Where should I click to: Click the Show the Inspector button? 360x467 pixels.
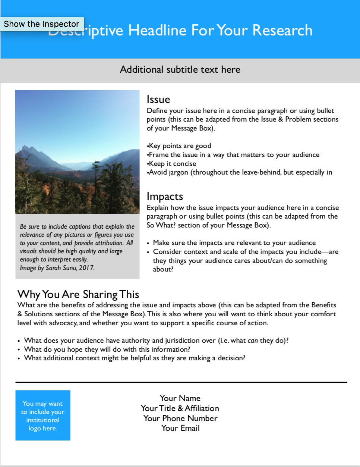tap(42, 24)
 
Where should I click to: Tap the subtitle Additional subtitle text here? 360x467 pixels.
tap(180, 70)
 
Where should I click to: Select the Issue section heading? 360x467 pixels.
tap(158, 100)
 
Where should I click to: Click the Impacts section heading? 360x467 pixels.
tap(165, 197)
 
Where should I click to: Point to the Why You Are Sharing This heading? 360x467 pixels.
tap(78, 294)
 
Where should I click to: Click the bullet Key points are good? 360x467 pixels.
tap(180, 146)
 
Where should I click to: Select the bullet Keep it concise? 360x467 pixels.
tap(172, 164)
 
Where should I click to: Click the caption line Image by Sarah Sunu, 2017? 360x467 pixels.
tap(57, 268)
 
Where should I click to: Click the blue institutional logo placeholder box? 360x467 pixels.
tap(43, 415)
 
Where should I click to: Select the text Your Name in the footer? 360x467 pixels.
tap(180, 398)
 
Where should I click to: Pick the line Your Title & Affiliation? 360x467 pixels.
tap(180, 408)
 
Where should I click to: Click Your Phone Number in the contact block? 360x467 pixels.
tap(180, 419)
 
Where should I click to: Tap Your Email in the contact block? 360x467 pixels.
tap(180, 428)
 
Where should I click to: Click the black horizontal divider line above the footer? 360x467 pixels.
tap(181, 382)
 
